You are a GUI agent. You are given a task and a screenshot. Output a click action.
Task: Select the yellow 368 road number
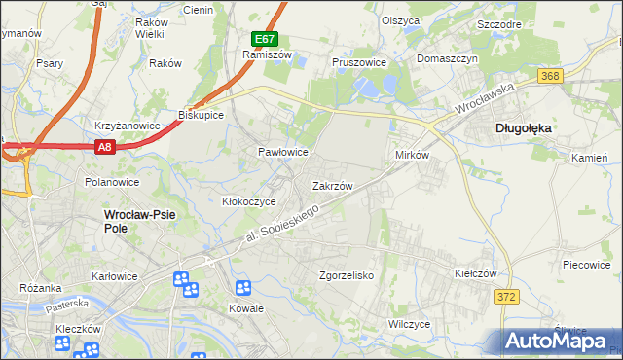click(552, 77)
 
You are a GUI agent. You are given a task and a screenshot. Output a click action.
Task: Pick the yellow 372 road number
click(505, 296)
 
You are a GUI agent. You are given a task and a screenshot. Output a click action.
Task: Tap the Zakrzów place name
click(332, 185)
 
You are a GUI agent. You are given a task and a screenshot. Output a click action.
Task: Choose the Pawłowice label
click(282, 153)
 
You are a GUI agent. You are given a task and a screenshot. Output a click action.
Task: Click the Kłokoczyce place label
click(249, 201)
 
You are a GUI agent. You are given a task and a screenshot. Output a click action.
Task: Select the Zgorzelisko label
click(347, 275)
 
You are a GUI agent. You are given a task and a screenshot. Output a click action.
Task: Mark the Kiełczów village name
click(476, 274)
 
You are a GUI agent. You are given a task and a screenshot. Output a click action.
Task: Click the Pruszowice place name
click(359, 61)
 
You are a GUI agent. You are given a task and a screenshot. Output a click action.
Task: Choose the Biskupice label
click(202, 115)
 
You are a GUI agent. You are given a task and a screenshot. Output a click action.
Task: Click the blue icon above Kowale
click(242, 287)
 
